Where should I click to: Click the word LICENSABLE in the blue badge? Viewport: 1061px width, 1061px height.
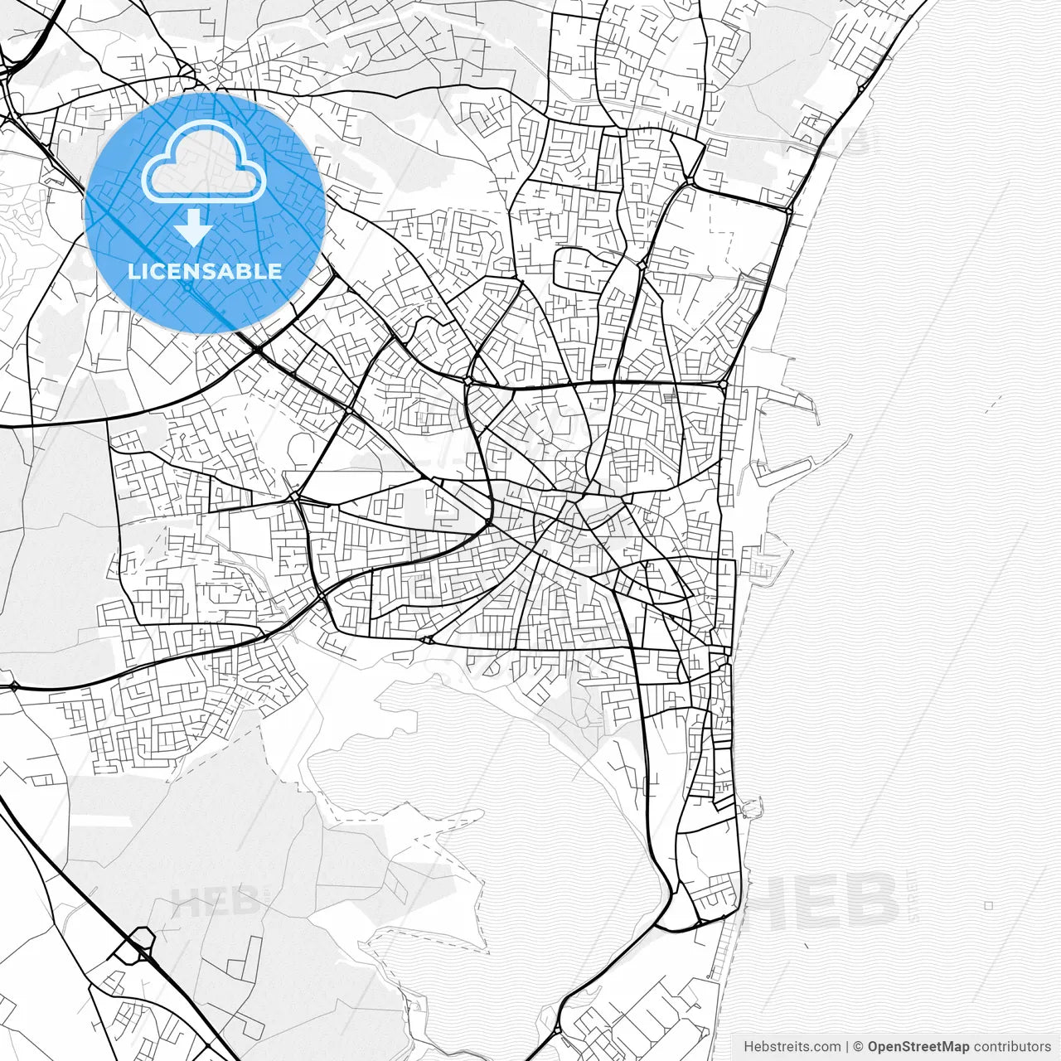(x=204, y=271)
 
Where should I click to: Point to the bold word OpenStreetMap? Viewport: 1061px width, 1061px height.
(x=918, y=1047)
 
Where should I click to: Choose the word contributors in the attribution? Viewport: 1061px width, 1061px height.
(x=1012, y=1047)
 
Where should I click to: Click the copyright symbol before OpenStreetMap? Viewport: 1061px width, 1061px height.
(x=859, y=1047)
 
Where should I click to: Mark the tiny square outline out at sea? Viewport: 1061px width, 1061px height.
(x=988, y=906)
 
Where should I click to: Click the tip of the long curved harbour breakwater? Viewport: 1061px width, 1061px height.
(x=850, y=437)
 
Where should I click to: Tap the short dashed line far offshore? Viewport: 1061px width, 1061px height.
(x=991, y=404)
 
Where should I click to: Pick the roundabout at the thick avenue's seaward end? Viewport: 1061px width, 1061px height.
(x=723, y=385)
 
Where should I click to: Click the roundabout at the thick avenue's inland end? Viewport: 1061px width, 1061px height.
(x=468, y=380)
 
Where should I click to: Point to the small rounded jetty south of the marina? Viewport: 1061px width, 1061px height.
(x=753, y=806)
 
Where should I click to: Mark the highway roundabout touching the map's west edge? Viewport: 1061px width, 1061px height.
(x=13, y=686)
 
